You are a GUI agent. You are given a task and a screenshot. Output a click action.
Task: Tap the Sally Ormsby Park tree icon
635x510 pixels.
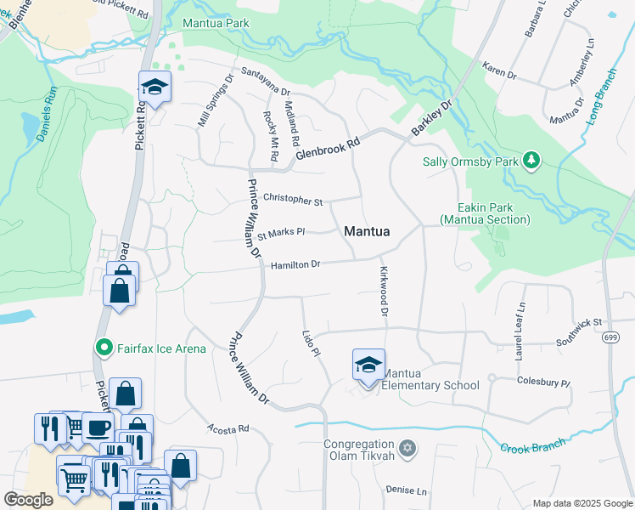tap(531, 161)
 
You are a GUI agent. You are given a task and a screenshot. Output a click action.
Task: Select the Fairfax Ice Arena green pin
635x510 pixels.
tap(103, 348)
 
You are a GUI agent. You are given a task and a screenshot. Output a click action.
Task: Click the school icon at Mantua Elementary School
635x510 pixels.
tap(368, 365)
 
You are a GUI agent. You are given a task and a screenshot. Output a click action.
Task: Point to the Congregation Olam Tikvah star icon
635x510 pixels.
tap(407, 447)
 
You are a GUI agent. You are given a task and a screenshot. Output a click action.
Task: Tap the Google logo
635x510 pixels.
tap(28, 499)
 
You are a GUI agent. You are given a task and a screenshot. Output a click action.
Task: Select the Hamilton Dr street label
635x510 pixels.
tap(295, 265)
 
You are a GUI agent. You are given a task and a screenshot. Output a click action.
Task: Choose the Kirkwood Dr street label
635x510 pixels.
tap(384, 291)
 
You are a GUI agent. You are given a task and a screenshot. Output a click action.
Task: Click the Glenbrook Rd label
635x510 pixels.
tap(329, 145)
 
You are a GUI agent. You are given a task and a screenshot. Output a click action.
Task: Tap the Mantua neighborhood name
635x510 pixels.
tap(367, 231)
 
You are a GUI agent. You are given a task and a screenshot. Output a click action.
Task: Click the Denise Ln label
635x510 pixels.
tap(406, 490)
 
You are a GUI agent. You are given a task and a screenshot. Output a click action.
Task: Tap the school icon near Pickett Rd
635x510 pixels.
tap(155, 87)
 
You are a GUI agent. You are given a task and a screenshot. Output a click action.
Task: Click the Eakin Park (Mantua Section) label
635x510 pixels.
tap(485, 213)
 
